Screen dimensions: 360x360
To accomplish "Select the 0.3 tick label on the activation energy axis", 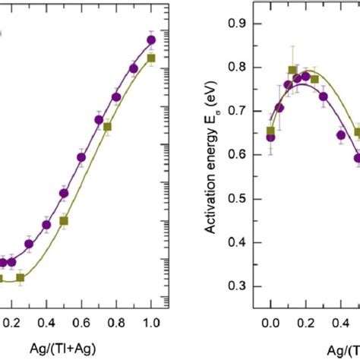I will [x=241, y=286].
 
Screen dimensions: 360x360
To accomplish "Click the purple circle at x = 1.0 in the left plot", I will [x=151, y=39].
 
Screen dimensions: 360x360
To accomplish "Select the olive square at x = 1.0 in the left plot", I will [x=151, y=58].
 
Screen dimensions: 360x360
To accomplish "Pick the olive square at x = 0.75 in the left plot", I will [x=108, y=127].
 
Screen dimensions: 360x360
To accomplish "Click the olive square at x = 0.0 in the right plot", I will [x=270, y=131].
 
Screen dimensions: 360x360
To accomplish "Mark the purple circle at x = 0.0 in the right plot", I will [x=270, y=137].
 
